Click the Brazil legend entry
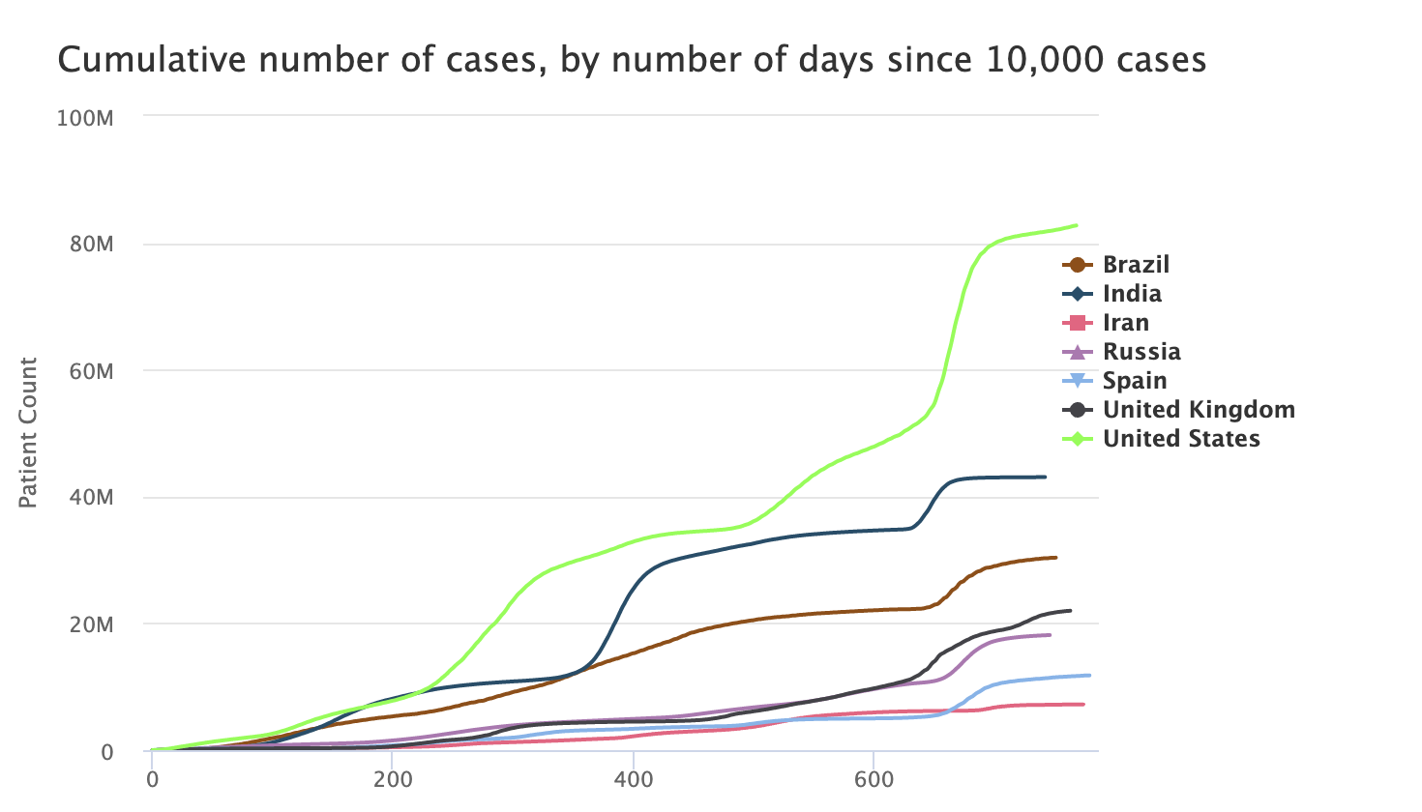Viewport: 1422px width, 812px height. tap(1136, 265)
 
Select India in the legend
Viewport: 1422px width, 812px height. tap(1132, 294)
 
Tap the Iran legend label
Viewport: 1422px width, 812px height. tap(1126, 323)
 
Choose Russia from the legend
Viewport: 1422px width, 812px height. tap(1141, 352)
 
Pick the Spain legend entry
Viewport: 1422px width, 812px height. tap(1135, 381)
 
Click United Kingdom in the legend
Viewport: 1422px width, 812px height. tap(1199, 410)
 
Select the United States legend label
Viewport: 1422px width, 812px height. tap(1181, 439)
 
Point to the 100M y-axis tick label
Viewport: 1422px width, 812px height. tap(86, 118)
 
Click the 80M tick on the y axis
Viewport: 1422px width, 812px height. tap(93, 245)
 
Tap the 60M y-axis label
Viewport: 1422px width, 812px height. tap(93, 371)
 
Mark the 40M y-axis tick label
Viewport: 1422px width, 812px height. tap(93, 498)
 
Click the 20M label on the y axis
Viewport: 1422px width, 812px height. tap(93, 624)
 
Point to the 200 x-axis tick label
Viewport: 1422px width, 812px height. tap(392, 780)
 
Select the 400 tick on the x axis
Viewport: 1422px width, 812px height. tap(633, 780)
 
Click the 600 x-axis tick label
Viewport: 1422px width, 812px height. tap(873, 780)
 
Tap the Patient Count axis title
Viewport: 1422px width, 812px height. tap(28, 432)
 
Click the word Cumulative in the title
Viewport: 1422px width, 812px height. tap(140, 61)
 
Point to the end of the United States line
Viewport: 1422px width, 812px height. tap(1077, 225)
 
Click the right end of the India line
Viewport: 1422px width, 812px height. tap(1045, 477)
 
